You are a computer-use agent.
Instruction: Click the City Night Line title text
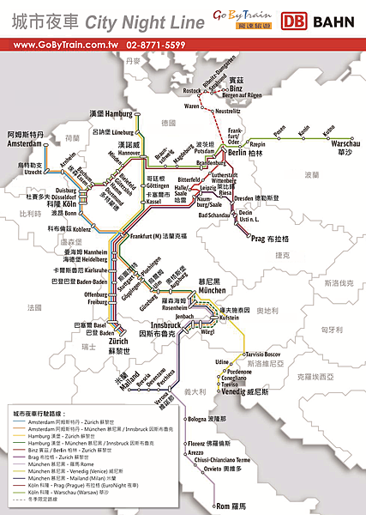tap(109, 18)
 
